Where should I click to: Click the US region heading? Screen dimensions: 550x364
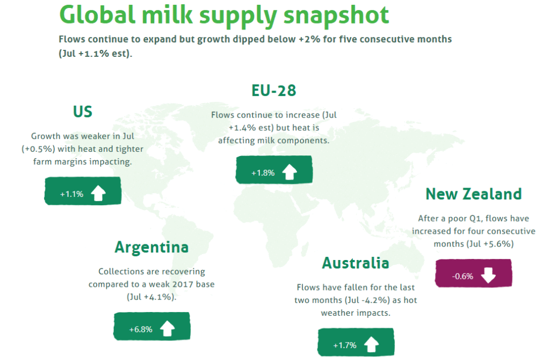pos(82,112)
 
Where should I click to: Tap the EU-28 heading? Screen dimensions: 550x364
pos(273,90)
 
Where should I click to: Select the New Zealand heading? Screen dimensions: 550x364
pos(474,194)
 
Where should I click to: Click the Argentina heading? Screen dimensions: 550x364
pos(151,248)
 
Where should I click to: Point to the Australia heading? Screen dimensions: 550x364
pos(356,263)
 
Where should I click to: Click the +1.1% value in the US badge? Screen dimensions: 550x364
pos(71,194)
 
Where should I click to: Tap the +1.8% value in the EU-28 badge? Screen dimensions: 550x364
pos(263,173)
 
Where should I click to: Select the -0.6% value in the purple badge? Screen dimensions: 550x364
pos(462,276)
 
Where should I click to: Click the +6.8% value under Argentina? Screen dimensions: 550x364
pos(141,329)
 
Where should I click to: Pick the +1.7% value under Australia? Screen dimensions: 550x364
pos(344,345)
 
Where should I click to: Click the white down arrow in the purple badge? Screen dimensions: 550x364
pos(488,275)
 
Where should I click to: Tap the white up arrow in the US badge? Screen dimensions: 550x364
pos(98,193)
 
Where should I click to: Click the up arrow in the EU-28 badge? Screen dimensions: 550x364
pos(290,172)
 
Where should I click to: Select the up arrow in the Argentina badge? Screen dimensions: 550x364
pos(168,328)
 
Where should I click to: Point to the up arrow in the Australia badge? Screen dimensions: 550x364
pos(372,344)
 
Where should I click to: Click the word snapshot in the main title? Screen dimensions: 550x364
pos(336,16)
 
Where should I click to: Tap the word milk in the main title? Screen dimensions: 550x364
pos(168,14)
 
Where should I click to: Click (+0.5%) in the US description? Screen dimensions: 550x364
pos(38,149)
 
